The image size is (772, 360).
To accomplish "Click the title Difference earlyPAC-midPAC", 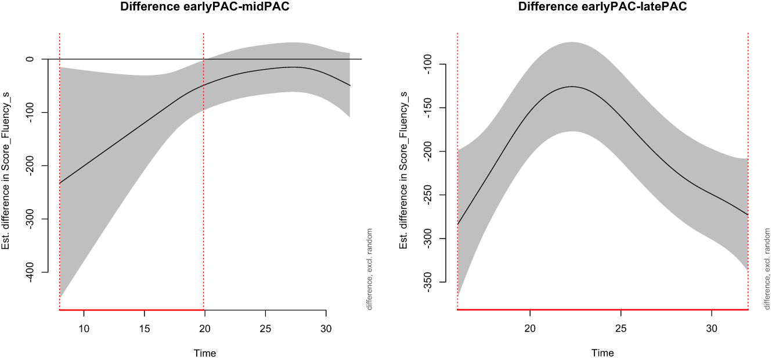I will pos(204,7).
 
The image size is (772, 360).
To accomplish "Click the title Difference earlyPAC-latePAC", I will pos(603,7).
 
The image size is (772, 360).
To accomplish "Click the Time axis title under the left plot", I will pos(204,353).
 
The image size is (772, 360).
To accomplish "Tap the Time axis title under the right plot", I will pos(603,353).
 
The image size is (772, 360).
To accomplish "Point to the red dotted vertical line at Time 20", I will pos(204,174).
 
